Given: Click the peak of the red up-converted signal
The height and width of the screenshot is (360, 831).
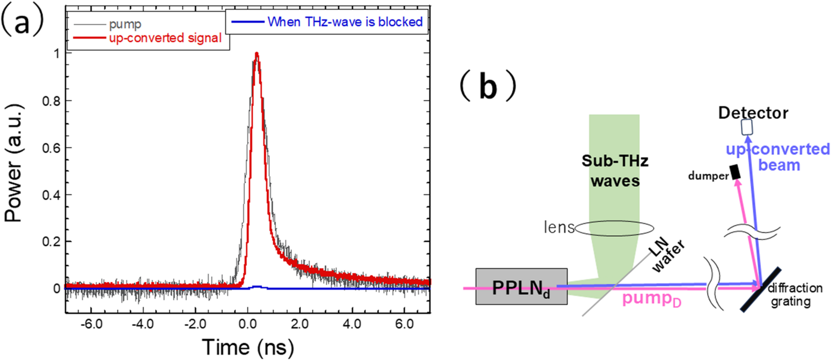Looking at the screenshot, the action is click(257, 54).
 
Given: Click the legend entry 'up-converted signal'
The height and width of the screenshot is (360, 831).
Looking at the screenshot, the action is click(165, 38).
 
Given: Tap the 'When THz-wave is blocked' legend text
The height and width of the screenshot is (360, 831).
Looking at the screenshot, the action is click(345, 22).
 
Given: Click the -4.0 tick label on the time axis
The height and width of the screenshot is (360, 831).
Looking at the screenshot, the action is click(143, 324).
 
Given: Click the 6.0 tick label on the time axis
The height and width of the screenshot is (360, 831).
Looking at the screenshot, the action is click(404, 324).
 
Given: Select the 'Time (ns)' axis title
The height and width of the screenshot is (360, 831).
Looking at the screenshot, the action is click(248, 347).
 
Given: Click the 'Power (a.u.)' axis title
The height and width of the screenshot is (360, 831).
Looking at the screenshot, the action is click(13, 163).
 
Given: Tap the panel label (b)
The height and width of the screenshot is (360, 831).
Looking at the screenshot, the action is click(488, 86).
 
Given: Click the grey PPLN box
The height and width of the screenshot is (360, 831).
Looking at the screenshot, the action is click(521, 286).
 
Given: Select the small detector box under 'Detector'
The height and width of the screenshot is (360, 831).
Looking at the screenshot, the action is click(747, 127).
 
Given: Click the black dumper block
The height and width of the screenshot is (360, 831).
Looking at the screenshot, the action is click(735, 172).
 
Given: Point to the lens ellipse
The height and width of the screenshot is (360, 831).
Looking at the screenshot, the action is click(615, 228).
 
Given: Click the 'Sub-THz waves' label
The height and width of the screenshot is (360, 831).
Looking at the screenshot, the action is click(615, 170).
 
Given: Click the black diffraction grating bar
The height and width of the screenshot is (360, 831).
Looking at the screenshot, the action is click(761, 290).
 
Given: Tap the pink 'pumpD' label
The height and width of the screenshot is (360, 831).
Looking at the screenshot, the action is click(651, 299).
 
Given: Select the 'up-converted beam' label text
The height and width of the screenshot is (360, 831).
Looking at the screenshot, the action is click(778, 157).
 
